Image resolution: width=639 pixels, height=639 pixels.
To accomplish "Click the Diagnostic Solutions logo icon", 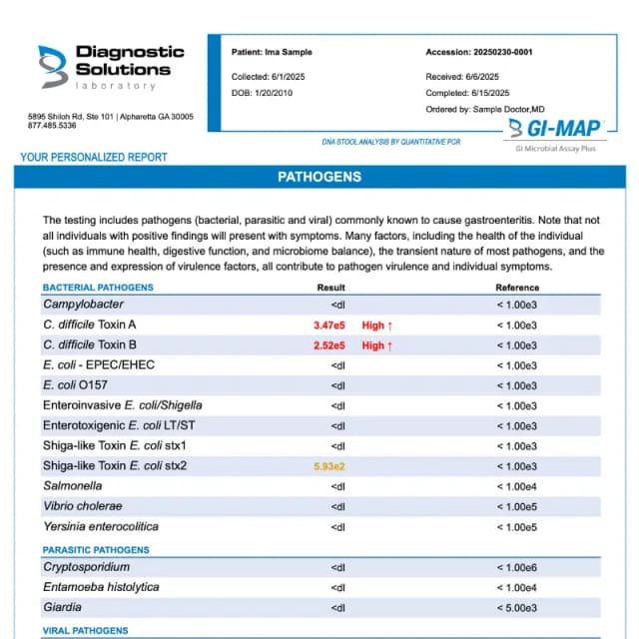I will [x=53, y=66].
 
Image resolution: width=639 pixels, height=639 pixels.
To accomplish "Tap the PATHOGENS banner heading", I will [x=319, y=178].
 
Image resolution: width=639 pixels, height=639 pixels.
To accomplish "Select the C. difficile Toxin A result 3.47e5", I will [x=328, y=325].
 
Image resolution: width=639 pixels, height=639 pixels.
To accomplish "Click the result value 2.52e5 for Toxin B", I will [x=328, y=345].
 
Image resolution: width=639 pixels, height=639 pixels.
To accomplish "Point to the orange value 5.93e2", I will [x=328, y=466].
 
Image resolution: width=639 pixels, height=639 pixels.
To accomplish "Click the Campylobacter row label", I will [x=83, y=305].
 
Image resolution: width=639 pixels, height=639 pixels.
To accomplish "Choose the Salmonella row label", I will [x=72, y=486].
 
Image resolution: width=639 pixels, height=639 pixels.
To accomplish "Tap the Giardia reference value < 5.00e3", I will [x=517, y=607].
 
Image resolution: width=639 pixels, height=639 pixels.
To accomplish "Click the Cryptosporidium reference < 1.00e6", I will [x=517, y=567].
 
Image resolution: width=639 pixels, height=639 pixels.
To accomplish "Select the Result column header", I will [x=331, y=288].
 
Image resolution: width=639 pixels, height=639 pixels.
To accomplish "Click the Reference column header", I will [x=517, y=288].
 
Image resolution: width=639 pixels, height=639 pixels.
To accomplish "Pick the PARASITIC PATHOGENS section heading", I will [x=96, y=550].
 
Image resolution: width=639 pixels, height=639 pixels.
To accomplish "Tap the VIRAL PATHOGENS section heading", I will [x=85, y=631].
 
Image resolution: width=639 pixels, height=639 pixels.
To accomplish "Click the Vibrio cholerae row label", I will [x=83, y=506].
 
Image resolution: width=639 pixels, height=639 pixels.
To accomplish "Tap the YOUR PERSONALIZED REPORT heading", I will [x=94, y=157].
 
